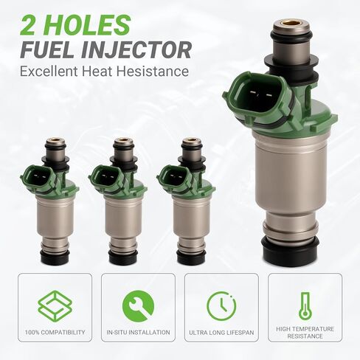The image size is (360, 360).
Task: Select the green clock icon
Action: point(221,305)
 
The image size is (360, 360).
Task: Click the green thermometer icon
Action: point(305,305)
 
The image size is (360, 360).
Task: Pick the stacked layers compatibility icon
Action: point(55,305)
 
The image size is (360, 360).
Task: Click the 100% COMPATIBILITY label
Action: point(55,332)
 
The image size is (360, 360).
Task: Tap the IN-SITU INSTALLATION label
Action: point(138,332)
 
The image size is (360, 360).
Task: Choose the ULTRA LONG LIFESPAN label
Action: point(221,332)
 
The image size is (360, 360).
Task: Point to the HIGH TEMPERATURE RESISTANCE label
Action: point(305,333)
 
